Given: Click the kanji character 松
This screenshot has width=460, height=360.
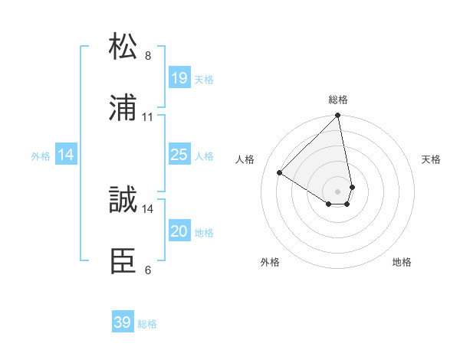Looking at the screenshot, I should click(x=123, y=47).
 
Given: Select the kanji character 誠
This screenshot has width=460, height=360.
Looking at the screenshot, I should click(x=123, y=200).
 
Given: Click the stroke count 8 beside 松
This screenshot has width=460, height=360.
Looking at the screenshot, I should click(x=148, y=56).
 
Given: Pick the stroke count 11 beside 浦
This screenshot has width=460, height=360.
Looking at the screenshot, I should click(x=148, y=117).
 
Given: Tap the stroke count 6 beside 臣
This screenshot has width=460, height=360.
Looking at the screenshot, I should click(x=148, y=270).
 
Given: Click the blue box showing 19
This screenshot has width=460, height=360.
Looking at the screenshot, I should click(x=179, y=77).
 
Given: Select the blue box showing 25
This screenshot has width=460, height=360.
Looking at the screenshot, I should click(x=179, y=155).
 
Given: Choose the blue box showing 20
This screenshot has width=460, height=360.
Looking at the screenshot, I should click(x=179, y=231).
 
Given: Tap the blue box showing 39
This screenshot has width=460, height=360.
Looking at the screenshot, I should click(x=123, y=322).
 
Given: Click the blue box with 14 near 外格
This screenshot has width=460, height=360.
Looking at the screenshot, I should click(x=66, y=155).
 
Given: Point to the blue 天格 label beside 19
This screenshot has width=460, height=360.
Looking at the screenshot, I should click(x=204, y=79).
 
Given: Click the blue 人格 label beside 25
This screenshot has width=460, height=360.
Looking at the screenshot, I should click(x=204, y=156).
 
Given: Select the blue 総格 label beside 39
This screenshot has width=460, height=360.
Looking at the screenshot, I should click(x=147, y=324).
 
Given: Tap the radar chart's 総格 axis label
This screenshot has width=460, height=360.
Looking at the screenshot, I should click(x=338, y=100).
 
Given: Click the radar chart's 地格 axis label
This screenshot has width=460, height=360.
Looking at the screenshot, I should click(x=402, y=262).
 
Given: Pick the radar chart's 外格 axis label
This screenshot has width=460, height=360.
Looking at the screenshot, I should click(x=270, y=262).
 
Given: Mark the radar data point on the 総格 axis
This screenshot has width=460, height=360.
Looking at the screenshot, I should click(x=338, y=116).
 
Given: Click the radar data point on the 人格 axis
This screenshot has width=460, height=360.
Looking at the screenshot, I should click(x=280, y=173).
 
